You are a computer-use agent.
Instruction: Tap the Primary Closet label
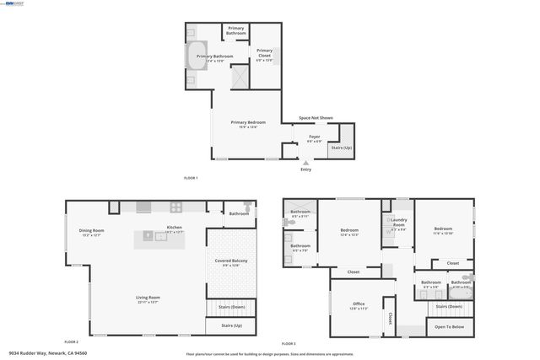[264, 55]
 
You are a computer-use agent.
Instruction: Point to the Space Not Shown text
[316, 118]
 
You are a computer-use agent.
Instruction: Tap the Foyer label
[314, 137]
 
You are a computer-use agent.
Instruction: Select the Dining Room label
[91, 232]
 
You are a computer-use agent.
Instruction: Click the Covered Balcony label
[230, 262]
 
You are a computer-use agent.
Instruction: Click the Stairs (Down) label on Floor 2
[230, 307]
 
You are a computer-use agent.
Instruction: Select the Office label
[358, 304]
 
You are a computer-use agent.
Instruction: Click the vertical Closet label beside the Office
[390, 320]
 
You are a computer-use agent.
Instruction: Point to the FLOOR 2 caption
[71, 341]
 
